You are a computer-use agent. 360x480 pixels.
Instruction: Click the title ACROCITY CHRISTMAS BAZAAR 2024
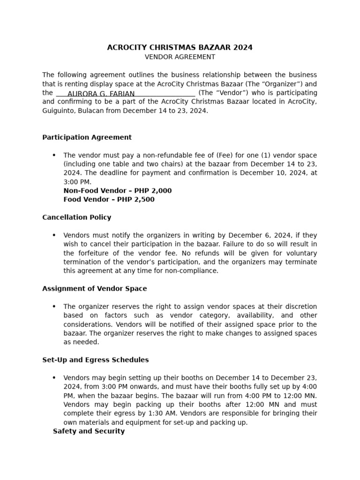pyautogui.click(x=180, y=47)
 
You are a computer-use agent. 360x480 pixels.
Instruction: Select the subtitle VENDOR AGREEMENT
pyautogui.click(x=180, y=57)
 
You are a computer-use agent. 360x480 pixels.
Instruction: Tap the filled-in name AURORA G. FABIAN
pyautogui.click(x=101, y=94)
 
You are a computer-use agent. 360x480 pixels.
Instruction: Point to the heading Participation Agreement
pyautogui.click(x=87, y=137)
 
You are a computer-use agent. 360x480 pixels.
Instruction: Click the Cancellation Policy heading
pyautogui.click(x=77, y=217)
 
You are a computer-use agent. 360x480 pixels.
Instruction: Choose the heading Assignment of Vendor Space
pyautogui.click(x=94, y=289)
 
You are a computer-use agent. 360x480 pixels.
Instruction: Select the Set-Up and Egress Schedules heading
pyautogui.click(x=95, y=360)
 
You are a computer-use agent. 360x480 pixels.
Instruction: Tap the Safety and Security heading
pyautogui.click(x=89, y=431)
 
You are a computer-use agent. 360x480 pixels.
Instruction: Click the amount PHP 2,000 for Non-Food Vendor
pyautogui.click(x=153, y=191)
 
